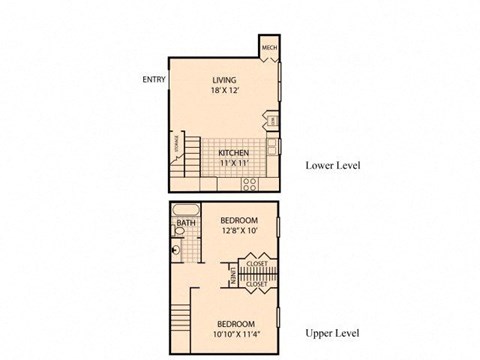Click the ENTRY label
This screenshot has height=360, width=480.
pos(155,80)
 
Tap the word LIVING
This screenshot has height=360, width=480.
pos(224,79)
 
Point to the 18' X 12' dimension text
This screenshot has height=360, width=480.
pos(224,91)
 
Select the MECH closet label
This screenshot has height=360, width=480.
pos(269,47)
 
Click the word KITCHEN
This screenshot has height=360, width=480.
pos(234,153)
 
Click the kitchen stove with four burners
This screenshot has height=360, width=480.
pos(250,184)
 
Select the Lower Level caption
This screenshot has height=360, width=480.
pos(332,165)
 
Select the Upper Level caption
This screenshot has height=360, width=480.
pos(332,333)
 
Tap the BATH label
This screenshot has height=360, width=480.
pos(186,224)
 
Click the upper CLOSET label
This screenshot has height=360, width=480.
pos(256,265)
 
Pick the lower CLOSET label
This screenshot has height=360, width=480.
pos(256,283)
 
